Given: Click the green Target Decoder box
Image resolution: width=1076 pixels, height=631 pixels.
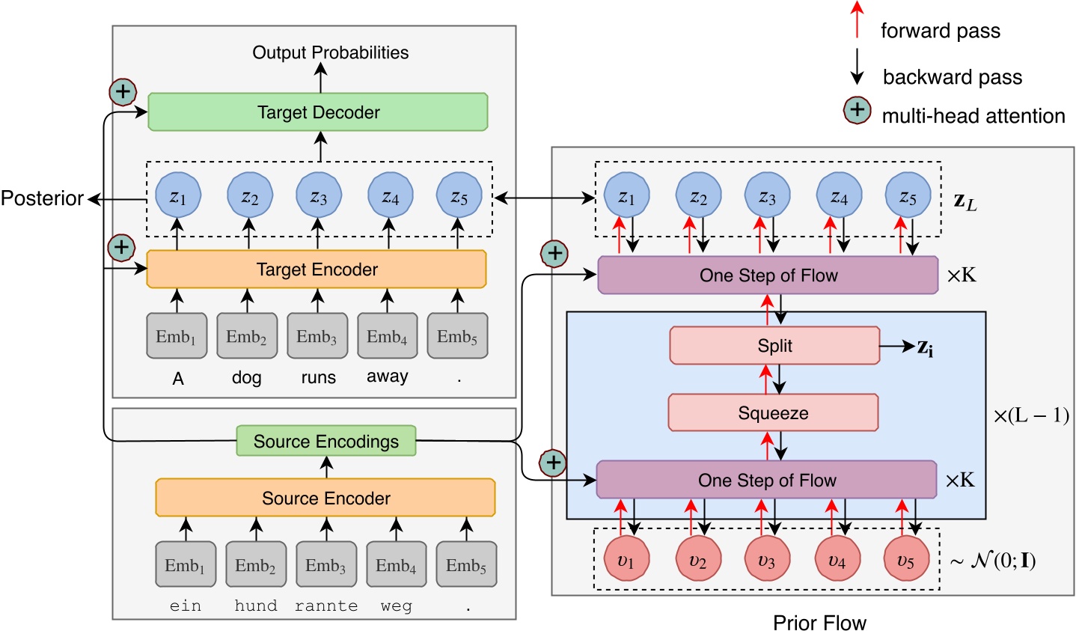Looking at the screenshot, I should click(x=318, y=112).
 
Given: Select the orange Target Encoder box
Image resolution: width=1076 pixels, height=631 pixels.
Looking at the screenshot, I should click(x=317, y=269).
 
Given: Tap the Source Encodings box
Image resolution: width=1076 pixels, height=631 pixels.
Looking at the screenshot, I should click(x=326, y=442).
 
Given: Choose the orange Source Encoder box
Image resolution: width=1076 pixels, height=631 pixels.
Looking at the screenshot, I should click(x=325, y=499).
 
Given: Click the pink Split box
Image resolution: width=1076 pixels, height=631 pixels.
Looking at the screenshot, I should click(x=774, y=346).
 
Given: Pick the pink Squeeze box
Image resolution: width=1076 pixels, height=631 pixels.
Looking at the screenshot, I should click(x=773, y=413).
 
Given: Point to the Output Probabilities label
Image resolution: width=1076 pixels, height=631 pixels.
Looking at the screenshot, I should click(x=330, y=52).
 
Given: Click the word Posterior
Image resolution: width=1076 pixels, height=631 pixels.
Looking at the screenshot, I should click(x=42, y=198).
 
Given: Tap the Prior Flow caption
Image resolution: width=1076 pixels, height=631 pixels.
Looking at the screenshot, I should click(x=819, y=622).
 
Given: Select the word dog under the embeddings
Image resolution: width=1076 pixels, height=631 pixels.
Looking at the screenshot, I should click(x=246, y=378).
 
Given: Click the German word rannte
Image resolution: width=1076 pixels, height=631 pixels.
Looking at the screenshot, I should click(x=325, y=606).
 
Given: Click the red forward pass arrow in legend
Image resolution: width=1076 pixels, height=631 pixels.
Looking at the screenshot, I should click(x=858, y=19).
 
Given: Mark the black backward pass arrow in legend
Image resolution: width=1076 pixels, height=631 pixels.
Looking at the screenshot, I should click(x=858, y=68).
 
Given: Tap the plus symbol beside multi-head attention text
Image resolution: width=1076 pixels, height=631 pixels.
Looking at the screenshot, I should click(x=857, y=111).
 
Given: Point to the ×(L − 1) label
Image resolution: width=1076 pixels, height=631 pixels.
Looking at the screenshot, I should click(x=1030, y=416).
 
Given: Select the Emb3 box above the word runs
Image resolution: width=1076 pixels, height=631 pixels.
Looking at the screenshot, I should click(x=317, y=337).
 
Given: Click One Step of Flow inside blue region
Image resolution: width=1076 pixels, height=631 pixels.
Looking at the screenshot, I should click(x=767, y=481).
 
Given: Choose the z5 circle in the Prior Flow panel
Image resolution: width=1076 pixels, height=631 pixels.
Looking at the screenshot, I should click(x=908, y=198).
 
